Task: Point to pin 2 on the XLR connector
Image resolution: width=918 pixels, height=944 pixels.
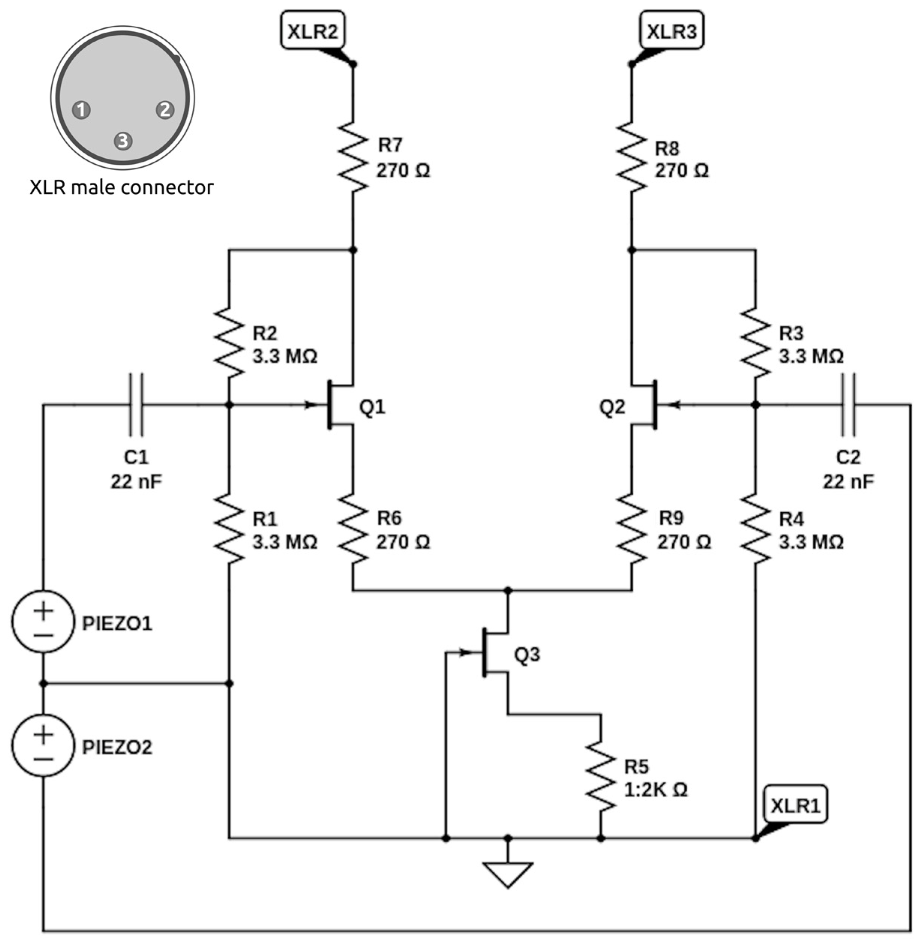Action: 165,110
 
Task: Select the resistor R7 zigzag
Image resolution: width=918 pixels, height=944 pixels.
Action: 352,157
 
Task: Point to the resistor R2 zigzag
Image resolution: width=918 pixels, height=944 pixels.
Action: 228,343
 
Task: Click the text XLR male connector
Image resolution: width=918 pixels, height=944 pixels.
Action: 121,188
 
